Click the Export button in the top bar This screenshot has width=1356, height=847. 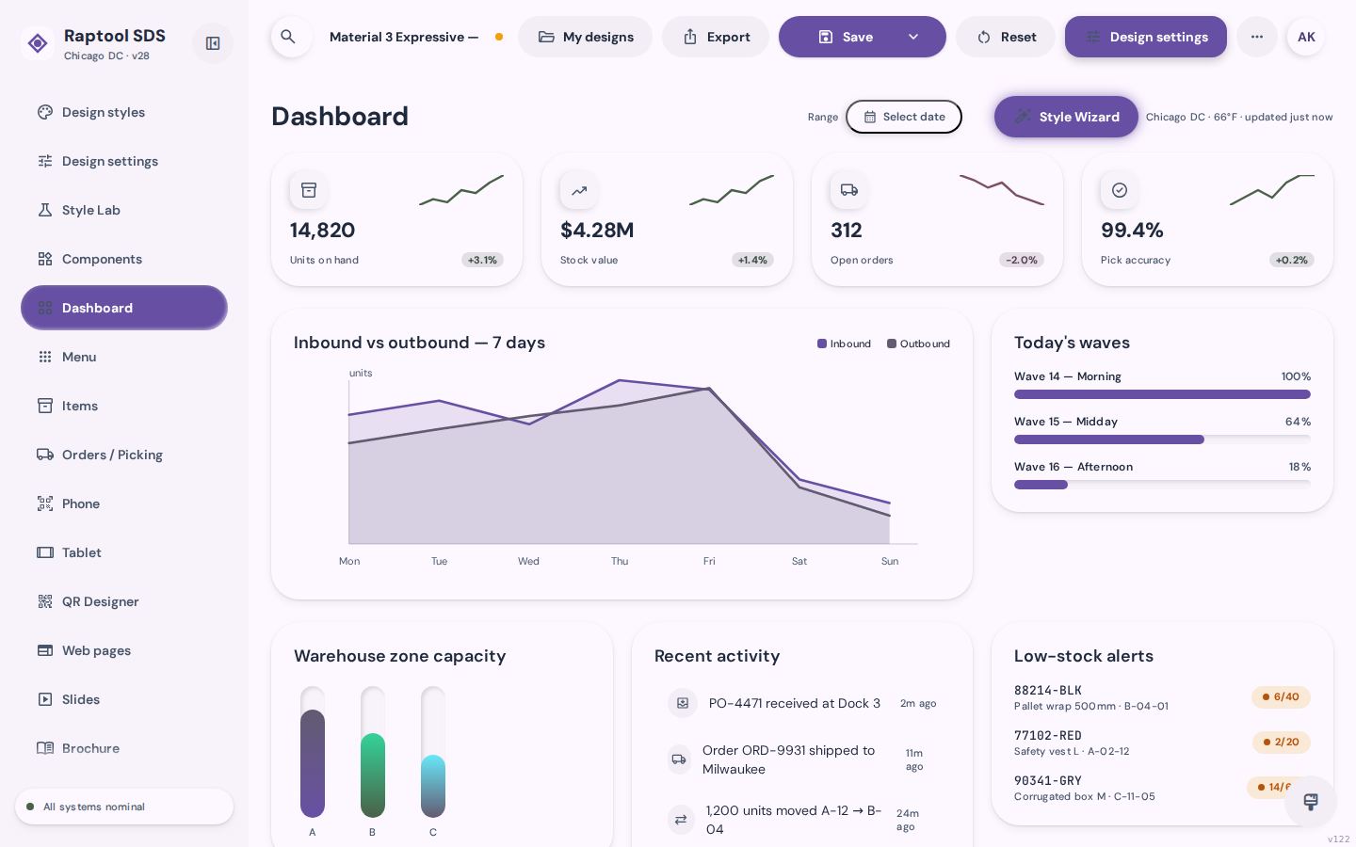(x=716, y=37)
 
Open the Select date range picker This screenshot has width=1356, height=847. (x=904, y=117)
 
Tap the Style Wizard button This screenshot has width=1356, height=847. (x=1066, y=117)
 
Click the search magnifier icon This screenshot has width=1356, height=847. (x=288, y=37)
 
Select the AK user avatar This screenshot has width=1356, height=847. (x=1306, y=37)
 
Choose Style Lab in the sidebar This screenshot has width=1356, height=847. (x=90, y=210)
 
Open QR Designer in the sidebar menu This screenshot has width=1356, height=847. (x=100, y=601)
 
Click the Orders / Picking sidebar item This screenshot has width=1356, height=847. (x=112, y=455)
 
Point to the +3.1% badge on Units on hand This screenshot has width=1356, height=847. (x=482, y=260)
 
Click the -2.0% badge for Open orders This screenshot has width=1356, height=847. (x=1022, y=260)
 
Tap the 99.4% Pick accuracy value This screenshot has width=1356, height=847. (x=1132, y=230)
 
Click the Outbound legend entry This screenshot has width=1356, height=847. (x=918, y=344)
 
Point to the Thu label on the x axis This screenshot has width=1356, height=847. (x=620, y=561)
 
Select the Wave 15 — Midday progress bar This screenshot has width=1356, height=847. (x=1162, y=439)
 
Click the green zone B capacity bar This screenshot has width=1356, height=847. (x=373, y=775)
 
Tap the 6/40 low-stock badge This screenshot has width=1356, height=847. (x=1281, y=697)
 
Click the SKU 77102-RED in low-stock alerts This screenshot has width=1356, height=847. (x=1048, y=736)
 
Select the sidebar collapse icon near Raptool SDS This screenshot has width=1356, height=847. (x=213, y=43)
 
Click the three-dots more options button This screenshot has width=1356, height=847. (x=1257, y=37)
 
